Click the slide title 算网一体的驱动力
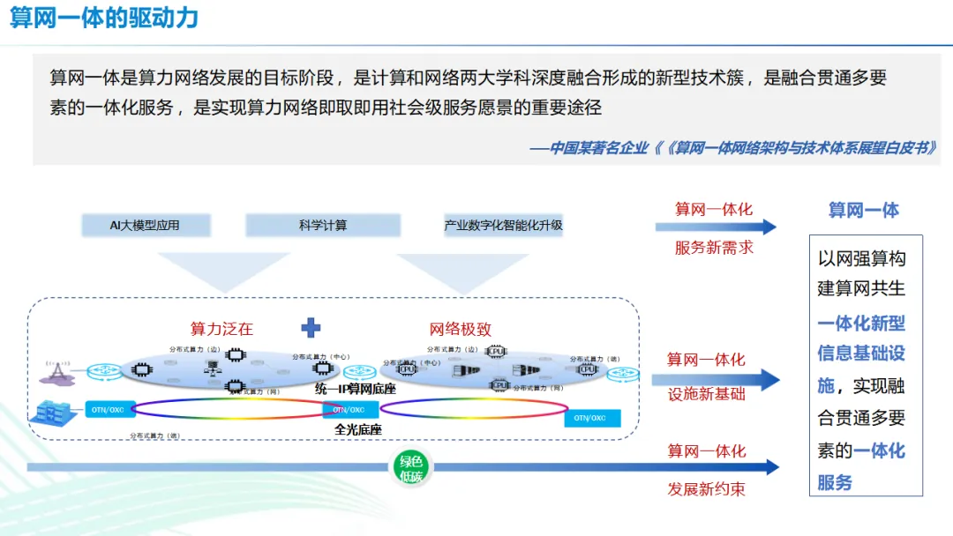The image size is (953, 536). click(104, 18)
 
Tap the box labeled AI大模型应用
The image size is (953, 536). click(145, 225)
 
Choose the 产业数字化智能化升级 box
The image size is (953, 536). click(503, 225)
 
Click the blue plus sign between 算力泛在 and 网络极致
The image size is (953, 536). click(311, 328)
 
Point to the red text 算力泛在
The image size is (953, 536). click(221, 329)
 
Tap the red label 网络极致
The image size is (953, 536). click(460, 329)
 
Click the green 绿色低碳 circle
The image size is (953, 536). click(411, 468)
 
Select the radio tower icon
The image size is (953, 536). click(56, 372)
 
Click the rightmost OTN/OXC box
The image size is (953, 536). click(592, 418)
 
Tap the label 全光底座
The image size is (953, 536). click(358, 429)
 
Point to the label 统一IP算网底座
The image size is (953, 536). click(355, 389)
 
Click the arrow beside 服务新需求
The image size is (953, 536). click(716, 227)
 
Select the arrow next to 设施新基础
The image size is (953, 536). click(716, 380)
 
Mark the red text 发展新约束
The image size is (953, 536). click(706, 488)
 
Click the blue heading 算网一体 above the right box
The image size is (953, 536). click(863, 210)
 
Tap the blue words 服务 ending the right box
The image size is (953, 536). click(835, 482)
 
